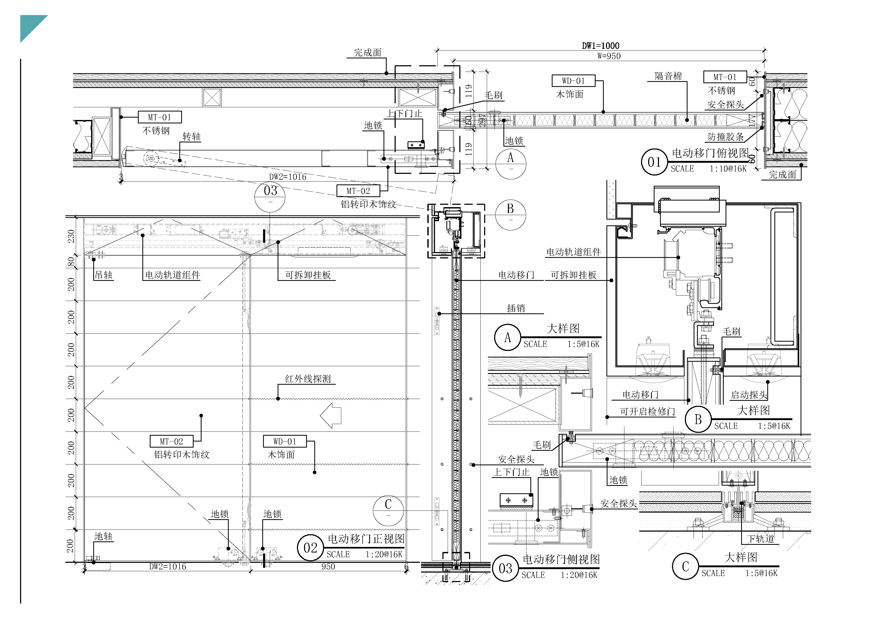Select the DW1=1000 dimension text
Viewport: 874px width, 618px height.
pos(600,46)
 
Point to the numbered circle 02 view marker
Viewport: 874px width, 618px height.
pos(310,548)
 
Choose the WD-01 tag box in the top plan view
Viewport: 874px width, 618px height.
pos(573,81)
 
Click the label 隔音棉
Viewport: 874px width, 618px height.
pos(668,76)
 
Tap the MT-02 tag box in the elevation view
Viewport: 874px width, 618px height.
pos(171,441)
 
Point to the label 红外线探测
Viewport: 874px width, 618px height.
pos(307,379)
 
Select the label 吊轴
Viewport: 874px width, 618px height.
pos(104,275)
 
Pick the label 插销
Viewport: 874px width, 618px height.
pos(516,308)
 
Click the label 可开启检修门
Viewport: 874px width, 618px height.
pos(647,412)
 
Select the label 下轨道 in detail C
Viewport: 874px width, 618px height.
pos(760,539)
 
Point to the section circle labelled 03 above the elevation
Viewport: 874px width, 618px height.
pos(270,196)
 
